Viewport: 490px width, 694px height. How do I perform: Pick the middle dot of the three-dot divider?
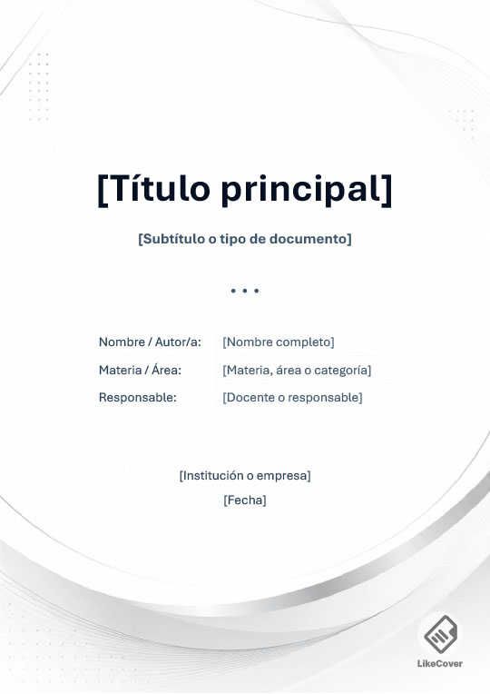[x=245, y=291]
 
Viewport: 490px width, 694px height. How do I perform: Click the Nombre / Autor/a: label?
[x=150, y=342]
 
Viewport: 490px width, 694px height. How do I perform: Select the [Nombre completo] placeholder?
[x=279, y=342]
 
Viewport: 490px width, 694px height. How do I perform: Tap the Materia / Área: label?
[x=140, y=369]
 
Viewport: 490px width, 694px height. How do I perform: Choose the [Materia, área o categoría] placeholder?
[x=297, y=370]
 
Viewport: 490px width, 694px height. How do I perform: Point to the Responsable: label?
[x=138, y=397]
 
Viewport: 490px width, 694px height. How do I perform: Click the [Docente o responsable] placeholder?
[x=292, y=398]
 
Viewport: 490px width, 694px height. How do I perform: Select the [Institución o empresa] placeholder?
[x=245, y=475]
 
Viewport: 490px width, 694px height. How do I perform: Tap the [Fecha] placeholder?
[x=245, y=501]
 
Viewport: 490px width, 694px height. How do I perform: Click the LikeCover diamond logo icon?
[x=440, y=633]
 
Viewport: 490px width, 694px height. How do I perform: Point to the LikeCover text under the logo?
[x=440, y=663]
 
